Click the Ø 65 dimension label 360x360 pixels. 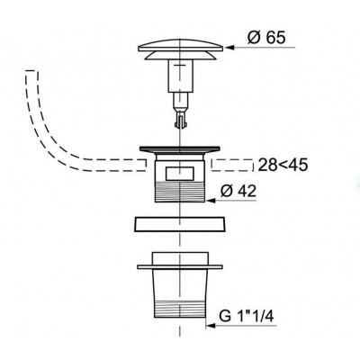click(x=266, y=38)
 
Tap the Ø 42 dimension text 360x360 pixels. click(x=238, y=191)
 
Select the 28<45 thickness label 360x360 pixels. click(x=283, y=165)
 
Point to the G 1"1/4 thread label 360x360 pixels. click(x=247, y=316)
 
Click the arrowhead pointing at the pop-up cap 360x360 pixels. click(x=229, y=48)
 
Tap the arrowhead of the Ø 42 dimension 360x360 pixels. click(x=211, y=201)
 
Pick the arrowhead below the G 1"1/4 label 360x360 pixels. click(x=211, y=326)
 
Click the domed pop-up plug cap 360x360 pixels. click(x=180, y=45)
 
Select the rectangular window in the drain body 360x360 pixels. click(x=179, y=174)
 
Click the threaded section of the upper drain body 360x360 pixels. click(x=180, y=192)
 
